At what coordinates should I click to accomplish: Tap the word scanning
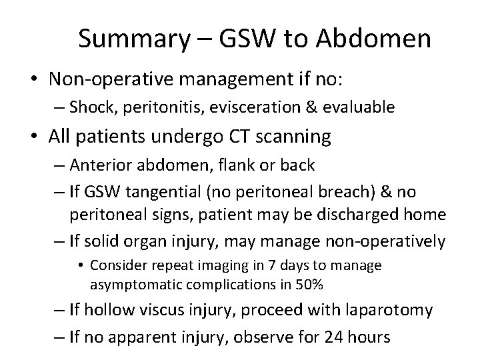[x=295, y=137]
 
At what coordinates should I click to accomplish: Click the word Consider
[x=119, y=265]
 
